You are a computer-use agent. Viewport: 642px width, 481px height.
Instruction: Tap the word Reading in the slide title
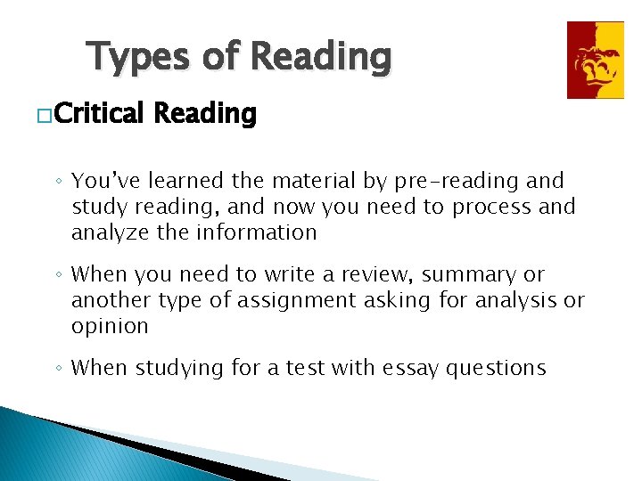(321, 57)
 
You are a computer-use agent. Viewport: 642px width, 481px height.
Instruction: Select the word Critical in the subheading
(101, 114)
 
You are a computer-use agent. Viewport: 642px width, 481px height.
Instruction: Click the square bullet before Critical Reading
(43, 116)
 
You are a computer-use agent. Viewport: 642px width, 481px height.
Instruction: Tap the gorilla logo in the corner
(596, 60)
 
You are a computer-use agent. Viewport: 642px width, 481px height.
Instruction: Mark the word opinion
(110, 327)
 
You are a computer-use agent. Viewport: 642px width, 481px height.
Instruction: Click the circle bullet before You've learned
(58, 183)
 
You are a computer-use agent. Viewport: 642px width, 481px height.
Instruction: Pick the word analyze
(105, 232)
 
